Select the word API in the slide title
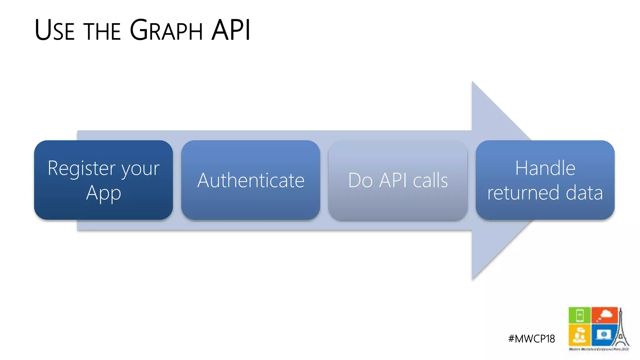click(231, 30)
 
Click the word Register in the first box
click(82, 169)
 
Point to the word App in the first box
click(103, 193)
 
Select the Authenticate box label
click(251, 180)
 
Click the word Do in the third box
click(360, 180)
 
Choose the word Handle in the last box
click(545, 168)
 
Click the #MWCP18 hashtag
click(531, 339)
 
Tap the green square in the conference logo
click(580, 315)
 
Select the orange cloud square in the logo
click(604, 315)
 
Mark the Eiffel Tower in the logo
click(621, 331)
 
